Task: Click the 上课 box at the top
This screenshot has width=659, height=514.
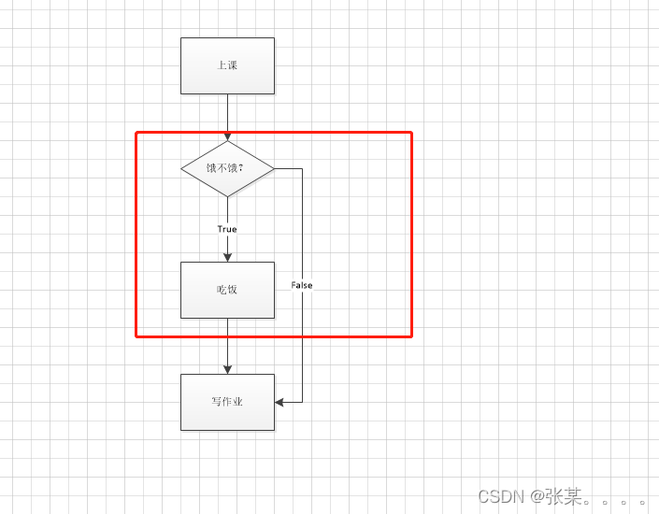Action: (x=227, y=65)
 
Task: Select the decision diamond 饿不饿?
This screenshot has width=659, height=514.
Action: (x=227, y=168)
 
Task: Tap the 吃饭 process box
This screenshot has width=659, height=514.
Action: (x=227, y=290)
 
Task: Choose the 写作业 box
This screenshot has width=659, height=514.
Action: (x=227, y=402)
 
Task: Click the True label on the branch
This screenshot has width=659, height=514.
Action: (x=227, y=229)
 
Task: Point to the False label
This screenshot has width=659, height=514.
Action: (x=302, y=285)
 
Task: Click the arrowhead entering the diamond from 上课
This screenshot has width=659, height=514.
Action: (x=227, y=136)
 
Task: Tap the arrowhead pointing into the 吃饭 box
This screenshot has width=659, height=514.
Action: (x=227, y=257)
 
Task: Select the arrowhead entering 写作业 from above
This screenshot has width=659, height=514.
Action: (x=227, y=369)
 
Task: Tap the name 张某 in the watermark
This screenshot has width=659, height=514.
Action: (x=563, y=497)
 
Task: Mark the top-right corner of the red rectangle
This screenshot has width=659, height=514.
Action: (x=411, y=133)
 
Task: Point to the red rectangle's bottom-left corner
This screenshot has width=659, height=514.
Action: (x=137, y=336)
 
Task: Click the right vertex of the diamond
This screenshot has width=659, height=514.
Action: (x=274, y=168)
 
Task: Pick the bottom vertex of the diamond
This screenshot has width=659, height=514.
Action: (x=227, y=196)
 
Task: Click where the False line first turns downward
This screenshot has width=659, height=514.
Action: (x=302, y=168)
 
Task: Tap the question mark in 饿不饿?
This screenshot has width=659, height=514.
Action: (x=241, y=168)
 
